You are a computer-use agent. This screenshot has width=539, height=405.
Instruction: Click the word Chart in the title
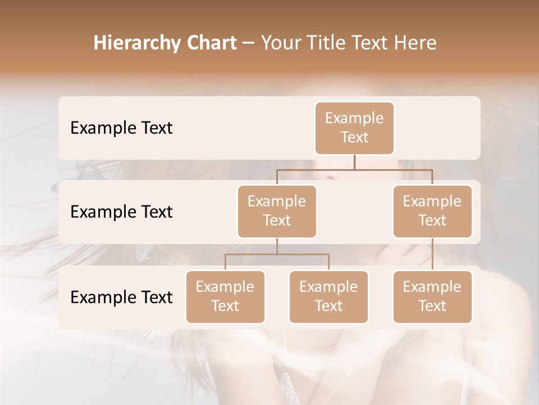coord(212,43)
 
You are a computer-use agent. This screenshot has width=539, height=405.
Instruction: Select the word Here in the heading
coord(415,43)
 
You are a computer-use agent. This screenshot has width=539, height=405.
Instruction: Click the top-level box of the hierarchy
coord(354,128)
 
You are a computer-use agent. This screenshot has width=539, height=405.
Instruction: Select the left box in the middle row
coord(277,211)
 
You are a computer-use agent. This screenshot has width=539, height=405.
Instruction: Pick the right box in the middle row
coord(432,211)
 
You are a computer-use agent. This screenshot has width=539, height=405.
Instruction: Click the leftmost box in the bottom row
coord(225,296)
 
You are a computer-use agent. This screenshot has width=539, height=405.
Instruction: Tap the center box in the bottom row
coord(328,296)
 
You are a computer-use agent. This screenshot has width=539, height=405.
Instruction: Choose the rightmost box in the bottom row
coord(432,296)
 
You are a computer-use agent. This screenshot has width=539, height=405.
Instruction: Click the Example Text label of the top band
coord(121,128)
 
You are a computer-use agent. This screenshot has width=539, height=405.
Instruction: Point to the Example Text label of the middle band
coord(121,211)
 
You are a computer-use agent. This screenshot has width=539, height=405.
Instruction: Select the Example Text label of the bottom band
coord(121,297)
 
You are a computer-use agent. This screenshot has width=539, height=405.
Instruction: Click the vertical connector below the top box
coord(354,162)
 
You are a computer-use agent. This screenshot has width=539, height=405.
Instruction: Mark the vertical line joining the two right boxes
coord(432,254)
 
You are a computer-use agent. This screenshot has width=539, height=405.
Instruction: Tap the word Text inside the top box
coord(354,137)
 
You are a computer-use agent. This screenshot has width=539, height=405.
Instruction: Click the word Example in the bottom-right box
coord(432,287)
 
